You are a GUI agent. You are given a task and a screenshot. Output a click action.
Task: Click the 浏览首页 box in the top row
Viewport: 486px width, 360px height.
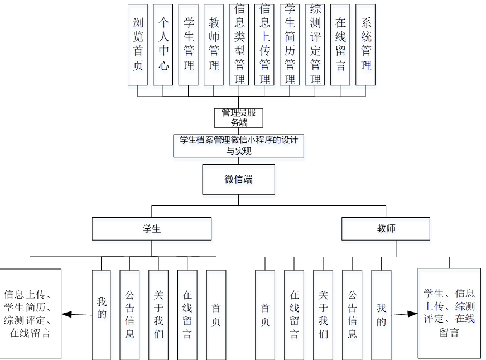click(138, 45)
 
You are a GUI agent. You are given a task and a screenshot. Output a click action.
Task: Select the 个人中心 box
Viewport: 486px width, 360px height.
click(163, 45)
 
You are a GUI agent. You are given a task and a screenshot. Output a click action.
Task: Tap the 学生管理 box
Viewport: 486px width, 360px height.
click(189, 45)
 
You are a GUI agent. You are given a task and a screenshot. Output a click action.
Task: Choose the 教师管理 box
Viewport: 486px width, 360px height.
click(214, 45)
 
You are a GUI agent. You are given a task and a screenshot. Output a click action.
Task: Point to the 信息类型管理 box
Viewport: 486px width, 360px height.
click(239, 45)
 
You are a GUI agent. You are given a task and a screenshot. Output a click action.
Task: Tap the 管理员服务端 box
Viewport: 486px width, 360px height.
click(239, 118)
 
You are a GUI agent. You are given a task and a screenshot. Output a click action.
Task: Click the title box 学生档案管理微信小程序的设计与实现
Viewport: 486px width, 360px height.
click(239, 145)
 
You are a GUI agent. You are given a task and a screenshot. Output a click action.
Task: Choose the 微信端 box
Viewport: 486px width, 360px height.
click(239, 179)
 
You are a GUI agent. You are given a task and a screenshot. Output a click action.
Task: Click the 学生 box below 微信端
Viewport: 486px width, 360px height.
click(152, 229)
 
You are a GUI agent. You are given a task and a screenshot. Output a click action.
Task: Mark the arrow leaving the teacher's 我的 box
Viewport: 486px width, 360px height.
click(405, 314)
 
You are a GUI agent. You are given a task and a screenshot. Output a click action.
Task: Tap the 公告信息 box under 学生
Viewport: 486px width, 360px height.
click(129, 315)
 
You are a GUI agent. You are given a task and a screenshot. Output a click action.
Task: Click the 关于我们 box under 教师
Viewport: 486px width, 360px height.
click(323, 315)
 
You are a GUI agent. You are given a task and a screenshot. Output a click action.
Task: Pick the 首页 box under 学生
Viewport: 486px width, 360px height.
click(216, 315)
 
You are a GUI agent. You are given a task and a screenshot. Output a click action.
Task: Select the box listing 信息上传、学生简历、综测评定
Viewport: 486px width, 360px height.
click(30, 314)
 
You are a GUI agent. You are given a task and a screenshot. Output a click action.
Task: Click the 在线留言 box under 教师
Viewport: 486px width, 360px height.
click(294, 315)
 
